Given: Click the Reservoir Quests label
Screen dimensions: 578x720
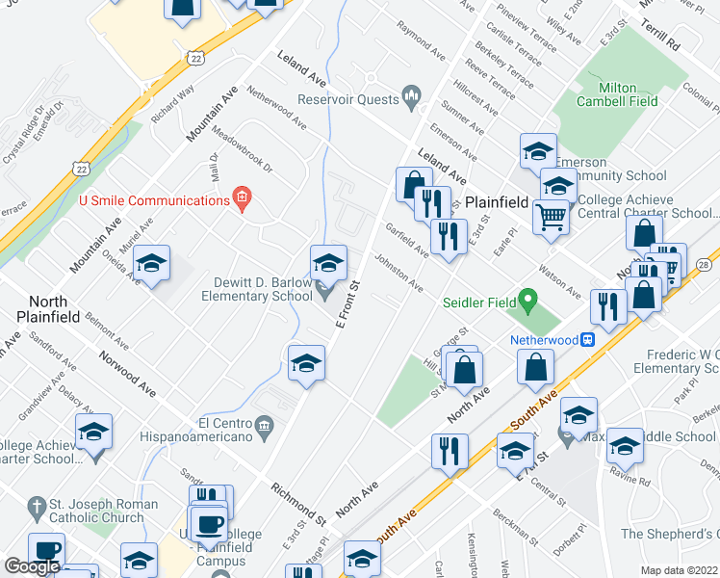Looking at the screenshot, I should pyautogui.click(x=348, y=99).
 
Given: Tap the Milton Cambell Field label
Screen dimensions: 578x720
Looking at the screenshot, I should pyautogui.click(x=617, y=94).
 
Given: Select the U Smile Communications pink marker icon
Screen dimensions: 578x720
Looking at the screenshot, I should pyautogui.click(x=242, y=200).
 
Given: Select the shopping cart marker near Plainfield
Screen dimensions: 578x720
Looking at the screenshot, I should pyautogui.click(x=552, y=217).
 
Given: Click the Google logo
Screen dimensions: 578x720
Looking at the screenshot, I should pyautogui.click(x=32, y=566).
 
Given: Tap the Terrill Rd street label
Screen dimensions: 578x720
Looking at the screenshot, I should pyautogui.click(x=660, y=35).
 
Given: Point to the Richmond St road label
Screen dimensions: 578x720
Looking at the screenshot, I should pyautogui.click(x=297, y=501).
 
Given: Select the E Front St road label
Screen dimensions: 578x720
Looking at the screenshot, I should pyautogui.click(x=346, y=303).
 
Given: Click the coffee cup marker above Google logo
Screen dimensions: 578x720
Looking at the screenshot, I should pyautogui.click(x=46, y=551).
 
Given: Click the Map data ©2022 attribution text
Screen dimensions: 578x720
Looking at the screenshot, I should pyautogui.click(x=679, y=570).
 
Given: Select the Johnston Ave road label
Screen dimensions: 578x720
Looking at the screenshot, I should pyautogui.click(x=399, y=273).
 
